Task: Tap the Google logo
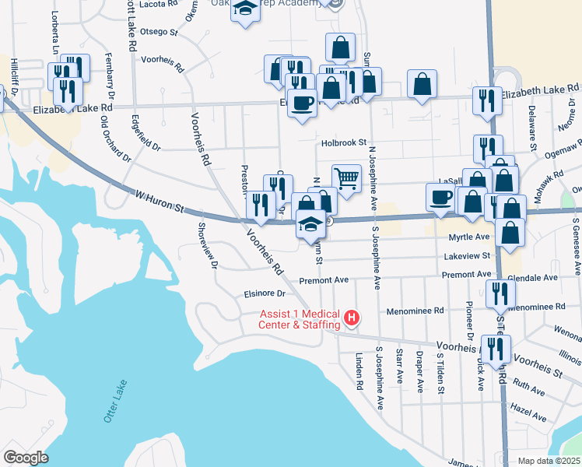pyautogui.click(x=26, y=458)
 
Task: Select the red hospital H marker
pyautogui.click(x=352, y=318)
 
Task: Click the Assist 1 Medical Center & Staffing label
pyautogui.click(x=300, y=319)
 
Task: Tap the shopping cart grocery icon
pyautogui.click(x=346, y=178)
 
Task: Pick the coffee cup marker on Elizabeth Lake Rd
pyautogui.click(x=302, y=102)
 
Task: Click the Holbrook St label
pyautogui.click(x=344, y=143)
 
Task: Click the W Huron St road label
pyautogui.click(x=158, y=204)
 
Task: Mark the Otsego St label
pyautogui.click(x=159, y=33)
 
